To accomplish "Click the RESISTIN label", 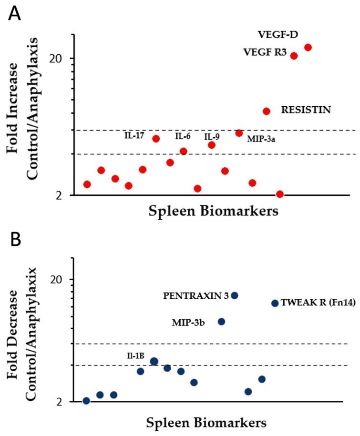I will (306, 110).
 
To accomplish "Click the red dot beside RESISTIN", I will (267, 111).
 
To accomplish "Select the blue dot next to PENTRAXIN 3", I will (234, 295).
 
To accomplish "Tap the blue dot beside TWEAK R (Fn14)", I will (275, 303).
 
